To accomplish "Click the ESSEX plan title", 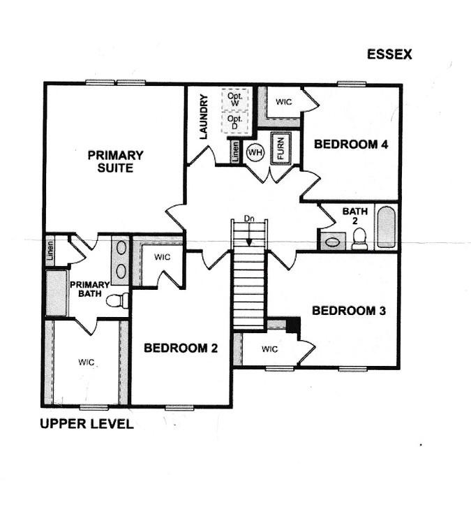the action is click(x=389, y=54).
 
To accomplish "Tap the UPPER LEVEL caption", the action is click(x=87, y=424).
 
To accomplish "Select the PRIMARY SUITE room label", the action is click(x=115, y=161).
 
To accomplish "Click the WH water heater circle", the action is click(x=255, y=152).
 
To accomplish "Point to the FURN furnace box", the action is click(x=281, y=149).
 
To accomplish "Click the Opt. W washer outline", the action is click(x=235, y=99).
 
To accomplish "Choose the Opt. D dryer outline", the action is click(x=235, y=122).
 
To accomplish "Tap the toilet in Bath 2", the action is click(x=359, y=239).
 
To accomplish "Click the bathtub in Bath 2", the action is click(x=386, y=227).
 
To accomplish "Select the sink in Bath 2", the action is click(x=332, y=242).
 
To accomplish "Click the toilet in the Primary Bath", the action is click(x=117, y=301).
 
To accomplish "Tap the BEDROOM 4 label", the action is click(x=351, y=145).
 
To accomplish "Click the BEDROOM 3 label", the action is click(x=349, y=311).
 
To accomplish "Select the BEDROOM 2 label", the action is click(x=181, y=348).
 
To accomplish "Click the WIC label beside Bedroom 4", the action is click(x=283, y=102).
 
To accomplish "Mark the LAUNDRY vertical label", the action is click(x=204, y=117).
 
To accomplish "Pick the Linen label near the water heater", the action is click(x=236, y=152).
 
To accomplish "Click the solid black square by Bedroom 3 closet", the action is click(x=294, y=325).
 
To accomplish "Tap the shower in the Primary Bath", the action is click(x=57, y=293).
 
